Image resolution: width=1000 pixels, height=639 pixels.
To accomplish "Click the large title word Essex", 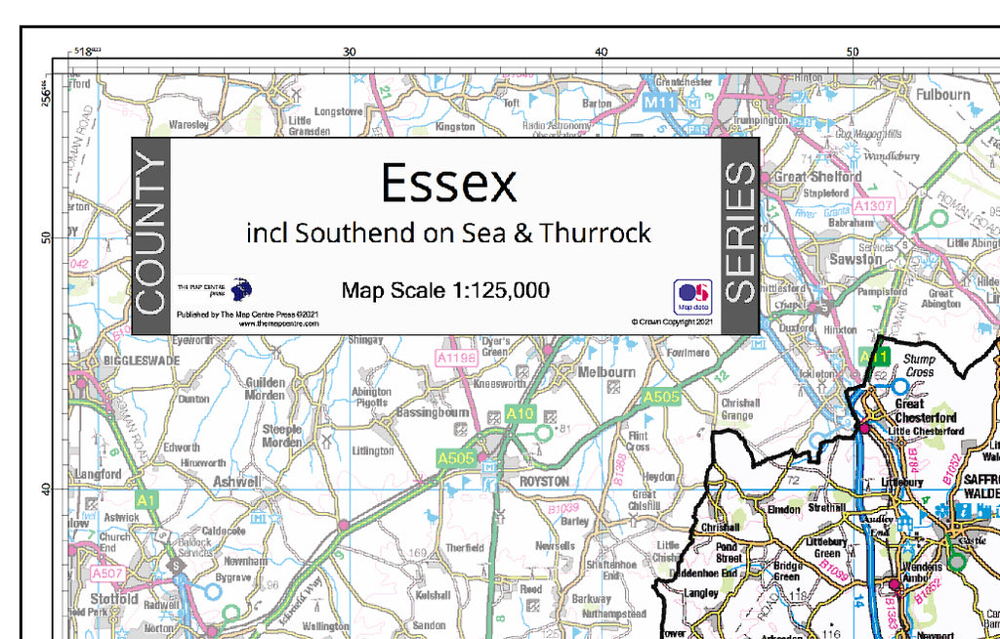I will click(x=448, y=183).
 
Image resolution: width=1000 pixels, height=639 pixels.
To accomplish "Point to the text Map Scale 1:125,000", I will click(x=445, y=290).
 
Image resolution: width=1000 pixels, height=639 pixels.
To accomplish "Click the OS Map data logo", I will click(x=691, y=295).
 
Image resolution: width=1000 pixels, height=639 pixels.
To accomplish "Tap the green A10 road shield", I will click(x=521, y=414).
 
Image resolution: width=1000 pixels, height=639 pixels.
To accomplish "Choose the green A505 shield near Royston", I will click(x=456, y=457).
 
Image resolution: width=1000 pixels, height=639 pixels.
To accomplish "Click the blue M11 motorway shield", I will click(x=661, y=102).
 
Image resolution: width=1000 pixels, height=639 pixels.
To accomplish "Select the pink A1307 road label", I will click(x=873, y=206).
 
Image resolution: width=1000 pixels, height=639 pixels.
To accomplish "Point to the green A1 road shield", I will click(x=146, y=500).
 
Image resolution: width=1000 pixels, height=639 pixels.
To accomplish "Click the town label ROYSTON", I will click(x=544, y=481).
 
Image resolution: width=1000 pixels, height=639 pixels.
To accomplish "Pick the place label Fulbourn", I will click(x=942, y=95).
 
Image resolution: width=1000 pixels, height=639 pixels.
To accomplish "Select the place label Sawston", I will click(x=855, y=261).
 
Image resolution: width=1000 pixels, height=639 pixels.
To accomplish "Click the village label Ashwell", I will click(x=236, y=482).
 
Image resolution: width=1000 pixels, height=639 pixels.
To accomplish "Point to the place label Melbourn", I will click(x=606, y=372).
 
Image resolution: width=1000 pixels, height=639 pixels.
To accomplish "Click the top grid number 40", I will click(x=601, y=52).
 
